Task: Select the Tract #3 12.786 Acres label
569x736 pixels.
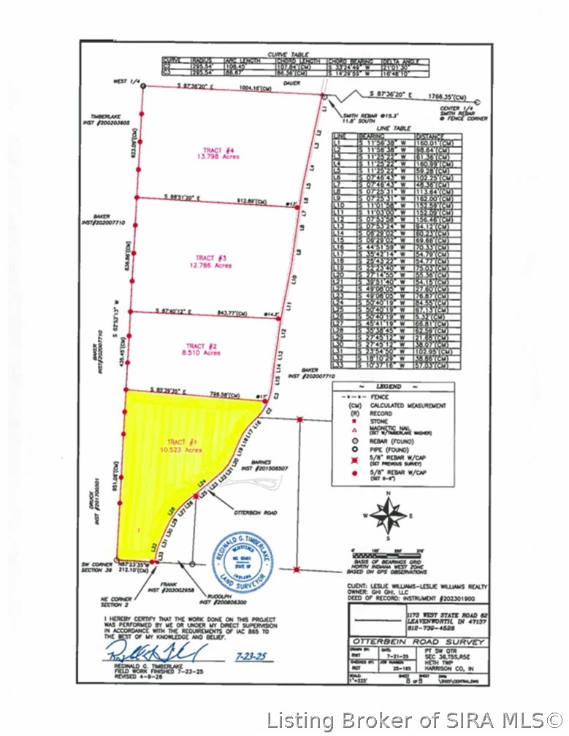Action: (x=214, y=261)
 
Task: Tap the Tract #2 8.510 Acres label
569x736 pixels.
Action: (x=202, y=349)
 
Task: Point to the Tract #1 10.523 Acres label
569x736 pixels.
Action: (x=183, y=446)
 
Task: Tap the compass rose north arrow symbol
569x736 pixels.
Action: (x=388, y=515)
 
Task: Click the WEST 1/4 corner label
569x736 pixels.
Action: (x=125, y=82)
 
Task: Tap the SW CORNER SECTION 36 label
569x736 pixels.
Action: (x=97, y=569)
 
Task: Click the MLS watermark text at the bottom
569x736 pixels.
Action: (x=413, y=720)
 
